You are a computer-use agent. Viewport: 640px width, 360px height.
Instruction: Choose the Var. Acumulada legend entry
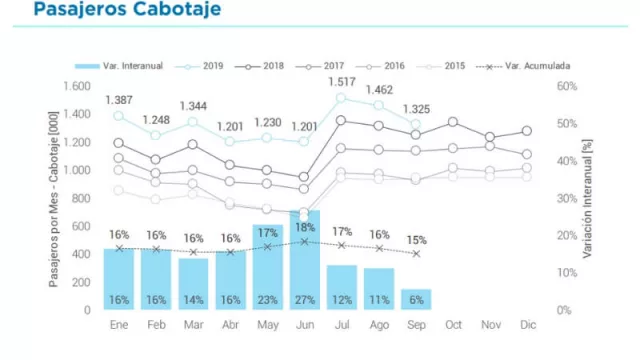(x=523, y=66)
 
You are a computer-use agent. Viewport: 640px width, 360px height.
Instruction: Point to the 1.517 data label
(x=343, y=82)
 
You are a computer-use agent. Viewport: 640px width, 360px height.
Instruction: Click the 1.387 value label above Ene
(x=120, y=101)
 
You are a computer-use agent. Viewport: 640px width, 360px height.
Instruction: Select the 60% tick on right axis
(x=568, y=86)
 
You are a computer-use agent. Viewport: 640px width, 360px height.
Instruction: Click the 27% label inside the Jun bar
(x=305, y=300)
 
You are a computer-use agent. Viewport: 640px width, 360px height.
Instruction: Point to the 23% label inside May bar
(x=268, y=300)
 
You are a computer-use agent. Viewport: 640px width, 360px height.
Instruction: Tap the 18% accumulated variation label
(x=305, y=228)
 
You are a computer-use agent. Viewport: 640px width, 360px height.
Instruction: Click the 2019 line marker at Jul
(x=342, y=98)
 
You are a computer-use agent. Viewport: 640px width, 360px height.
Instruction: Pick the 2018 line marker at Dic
(x=527, y=131)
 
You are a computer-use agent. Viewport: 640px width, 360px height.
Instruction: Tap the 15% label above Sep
(x=417, y=240)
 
